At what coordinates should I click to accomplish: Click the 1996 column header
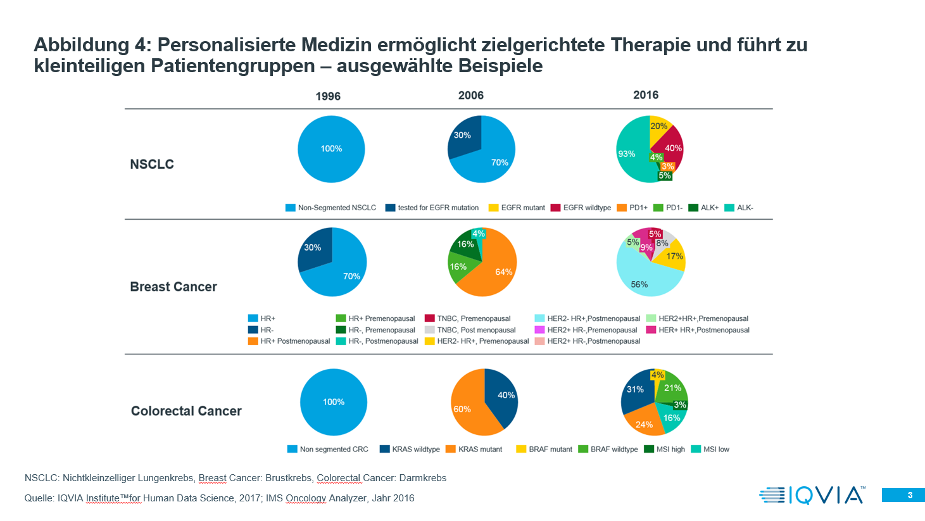coord(328,96)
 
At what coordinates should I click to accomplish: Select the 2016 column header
coord(646,95)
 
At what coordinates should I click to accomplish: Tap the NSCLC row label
coord(152,165)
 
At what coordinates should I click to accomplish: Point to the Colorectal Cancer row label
coord(186,411)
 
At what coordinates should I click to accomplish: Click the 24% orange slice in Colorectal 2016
coord(645,423)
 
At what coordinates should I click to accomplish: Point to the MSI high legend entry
coord(664,449)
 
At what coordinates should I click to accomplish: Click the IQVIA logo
coord(812,495)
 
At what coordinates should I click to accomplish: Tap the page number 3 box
coord(903,495)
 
